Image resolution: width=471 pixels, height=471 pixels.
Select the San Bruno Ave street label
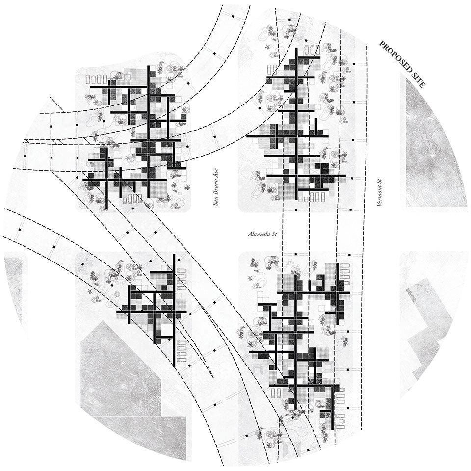(215, 189)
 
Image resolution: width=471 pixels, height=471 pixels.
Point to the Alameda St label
(262, 235)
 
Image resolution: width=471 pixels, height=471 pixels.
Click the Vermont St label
(379, 192)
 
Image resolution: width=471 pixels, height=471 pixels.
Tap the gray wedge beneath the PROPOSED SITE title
(432, 147)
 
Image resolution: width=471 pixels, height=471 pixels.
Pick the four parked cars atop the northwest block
(96, 79)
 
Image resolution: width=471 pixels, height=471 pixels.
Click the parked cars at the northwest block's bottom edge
(132, 199)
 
